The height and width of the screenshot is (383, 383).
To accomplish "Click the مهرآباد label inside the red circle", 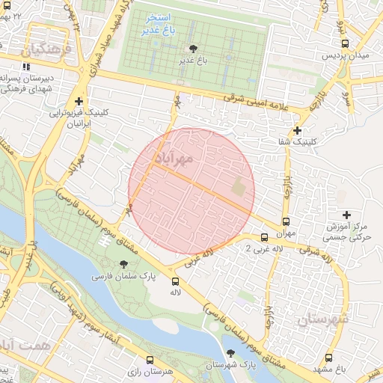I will (x=174, y=158).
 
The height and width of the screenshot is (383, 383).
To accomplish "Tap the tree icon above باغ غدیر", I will (x=194, y=48).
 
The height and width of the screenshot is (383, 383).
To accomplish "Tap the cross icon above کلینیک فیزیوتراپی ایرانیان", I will (x=79, y=101).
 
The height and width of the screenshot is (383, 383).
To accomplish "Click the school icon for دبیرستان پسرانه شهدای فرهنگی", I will (x=26, y=67).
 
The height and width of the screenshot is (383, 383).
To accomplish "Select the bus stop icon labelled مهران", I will (x=286, y=221).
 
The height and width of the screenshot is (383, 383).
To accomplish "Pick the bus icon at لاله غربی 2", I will (x=264, y=237).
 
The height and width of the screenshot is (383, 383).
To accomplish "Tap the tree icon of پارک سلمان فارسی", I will (x=123, y=264).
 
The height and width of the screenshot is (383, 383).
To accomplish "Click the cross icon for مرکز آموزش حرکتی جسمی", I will (x=346, y=215).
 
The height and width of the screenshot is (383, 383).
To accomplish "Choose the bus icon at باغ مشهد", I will (x=330, y=358).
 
